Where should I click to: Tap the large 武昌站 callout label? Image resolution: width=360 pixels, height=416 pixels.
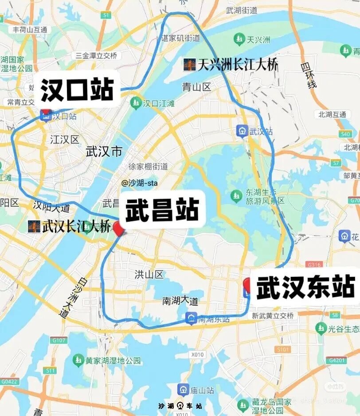tap(162, 210)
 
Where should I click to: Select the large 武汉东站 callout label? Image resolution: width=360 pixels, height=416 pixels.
tap(305, 287)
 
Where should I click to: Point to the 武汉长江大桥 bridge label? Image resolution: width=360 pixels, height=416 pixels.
tap(70, 227)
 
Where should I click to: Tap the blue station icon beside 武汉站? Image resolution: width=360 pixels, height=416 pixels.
tap(242, 131)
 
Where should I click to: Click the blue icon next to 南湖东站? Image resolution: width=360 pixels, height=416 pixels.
tap(191, 318)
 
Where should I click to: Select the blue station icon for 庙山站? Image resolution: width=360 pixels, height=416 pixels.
tap(183, 390)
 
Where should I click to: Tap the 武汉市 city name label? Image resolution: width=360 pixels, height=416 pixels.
tap(104, 152)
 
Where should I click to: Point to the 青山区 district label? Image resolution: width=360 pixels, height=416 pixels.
tap(196, 87)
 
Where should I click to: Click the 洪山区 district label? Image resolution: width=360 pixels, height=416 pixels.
tap(149, 275)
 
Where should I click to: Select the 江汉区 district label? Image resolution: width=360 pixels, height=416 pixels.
tap(64, 140)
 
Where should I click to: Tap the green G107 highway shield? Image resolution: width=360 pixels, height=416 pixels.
tap(59, 340)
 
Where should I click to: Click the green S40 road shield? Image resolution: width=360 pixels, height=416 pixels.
tap(345, 134)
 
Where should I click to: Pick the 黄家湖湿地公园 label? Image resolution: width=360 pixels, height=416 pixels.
tap(113, 360)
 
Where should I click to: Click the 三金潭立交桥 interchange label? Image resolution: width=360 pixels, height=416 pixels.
tap(96, 56)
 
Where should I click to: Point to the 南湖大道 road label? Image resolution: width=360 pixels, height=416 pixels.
tap(180, 301)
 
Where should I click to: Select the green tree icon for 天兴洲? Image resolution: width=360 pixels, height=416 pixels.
tap(240, 40)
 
